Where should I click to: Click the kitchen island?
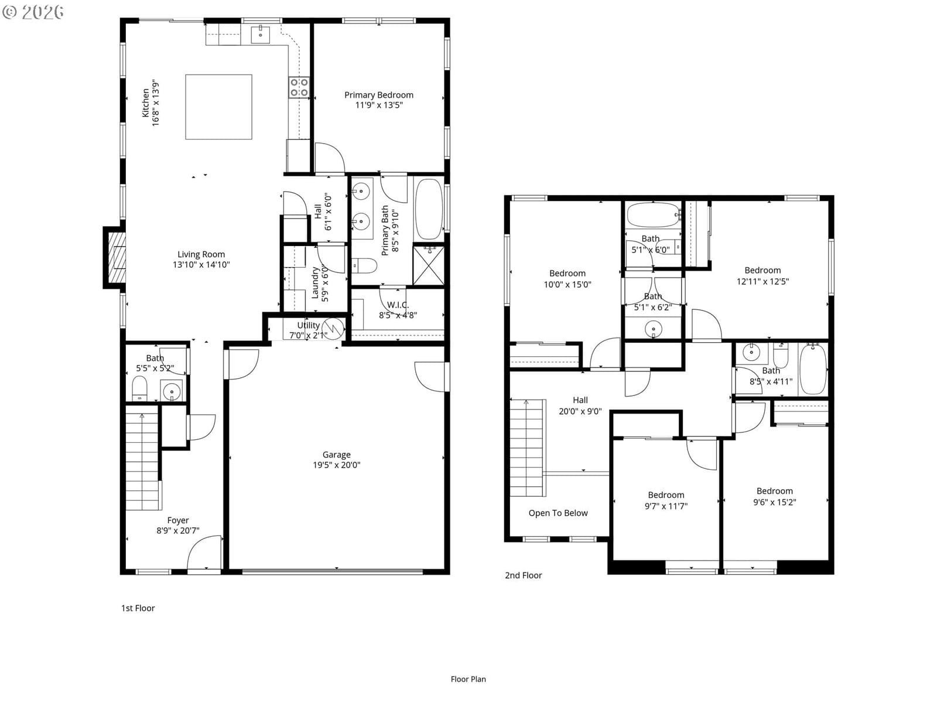pyautogui.click(x=218, y=107)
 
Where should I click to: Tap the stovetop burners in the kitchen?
pyautogui.click(x=299, y=87)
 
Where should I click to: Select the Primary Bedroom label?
pyautogui.click(x=379, y=95)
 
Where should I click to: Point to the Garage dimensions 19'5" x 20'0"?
pyautogui.click(x=336, y=465)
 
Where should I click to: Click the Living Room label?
pyautogui.click(x=201, y=254)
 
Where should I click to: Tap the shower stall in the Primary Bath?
pyautogui.click(x=429, y=265)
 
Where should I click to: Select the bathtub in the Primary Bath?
pyautogui.click(x=429, y=209)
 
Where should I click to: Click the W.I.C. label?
pyautogui.click(x=398, y=305)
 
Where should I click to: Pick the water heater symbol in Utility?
pyautogui.click(x=333, y=329)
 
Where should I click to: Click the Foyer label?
pyautogui.click(x=177, y=520)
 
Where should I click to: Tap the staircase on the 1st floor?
pyautogui.click(x=143, y=458)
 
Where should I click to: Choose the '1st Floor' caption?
pyautogui.click(x=138, y=608)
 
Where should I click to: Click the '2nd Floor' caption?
pyautogui.click(x=524, y=575)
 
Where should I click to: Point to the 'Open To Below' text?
pyautogui.click(x=558, y=513)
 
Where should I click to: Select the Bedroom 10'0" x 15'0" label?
pyautogui.click(x=567, y=279)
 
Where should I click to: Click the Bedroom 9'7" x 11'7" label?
pyautogui.click(x=666, y=500)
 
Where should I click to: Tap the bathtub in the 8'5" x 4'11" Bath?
pyautogui.click(x=813, y=369)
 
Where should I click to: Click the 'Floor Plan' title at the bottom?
pyautogui.click(x=468, y=679)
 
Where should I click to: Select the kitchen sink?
pyautogui.click(x=261, y=34)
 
